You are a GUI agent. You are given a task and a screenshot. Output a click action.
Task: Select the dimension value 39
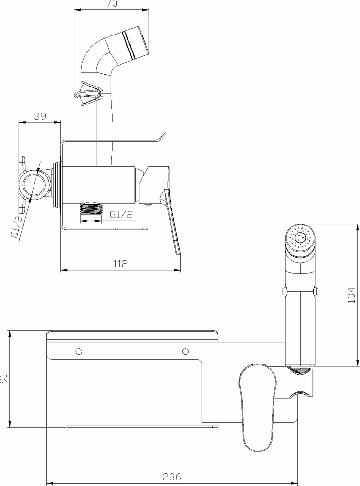coord(40,116)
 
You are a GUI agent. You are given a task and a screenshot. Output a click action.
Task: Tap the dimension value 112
coord(120,264)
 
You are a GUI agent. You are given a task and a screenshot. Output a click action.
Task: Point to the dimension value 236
coord(172,476)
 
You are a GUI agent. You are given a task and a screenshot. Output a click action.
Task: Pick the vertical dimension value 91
coord(4,379)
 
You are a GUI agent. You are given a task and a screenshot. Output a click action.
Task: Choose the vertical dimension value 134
coord(351,295)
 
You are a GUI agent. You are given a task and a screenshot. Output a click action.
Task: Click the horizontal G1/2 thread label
coord(121,214)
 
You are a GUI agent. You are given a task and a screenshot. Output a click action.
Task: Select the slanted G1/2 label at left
coord(17,226)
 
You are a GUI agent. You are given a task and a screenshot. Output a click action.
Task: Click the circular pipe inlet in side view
coord(34,185)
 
